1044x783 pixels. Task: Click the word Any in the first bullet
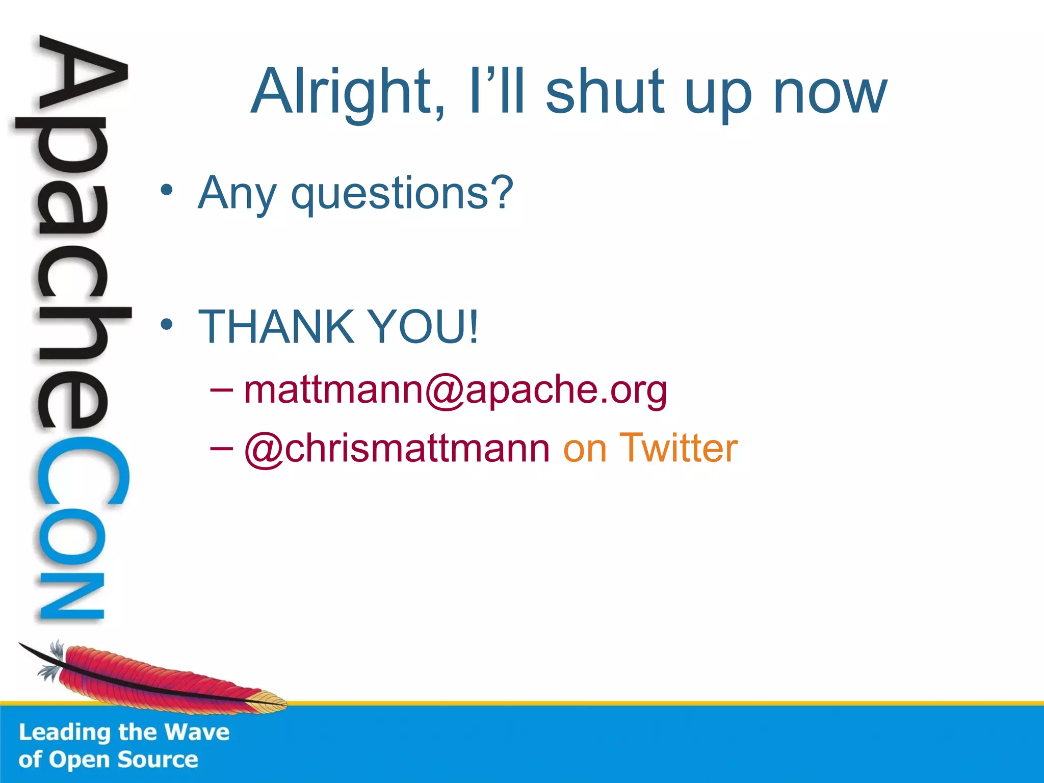(x=237, y=194)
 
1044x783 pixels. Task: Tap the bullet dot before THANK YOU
(x=166, y=324)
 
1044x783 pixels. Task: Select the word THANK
(x=276, y=327)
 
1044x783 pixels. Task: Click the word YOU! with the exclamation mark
(x=423, y=327)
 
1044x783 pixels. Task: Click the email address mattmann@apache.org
(x=455, y=390)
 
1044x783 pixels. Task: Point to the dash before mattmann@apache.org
(x=221, y=390)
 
